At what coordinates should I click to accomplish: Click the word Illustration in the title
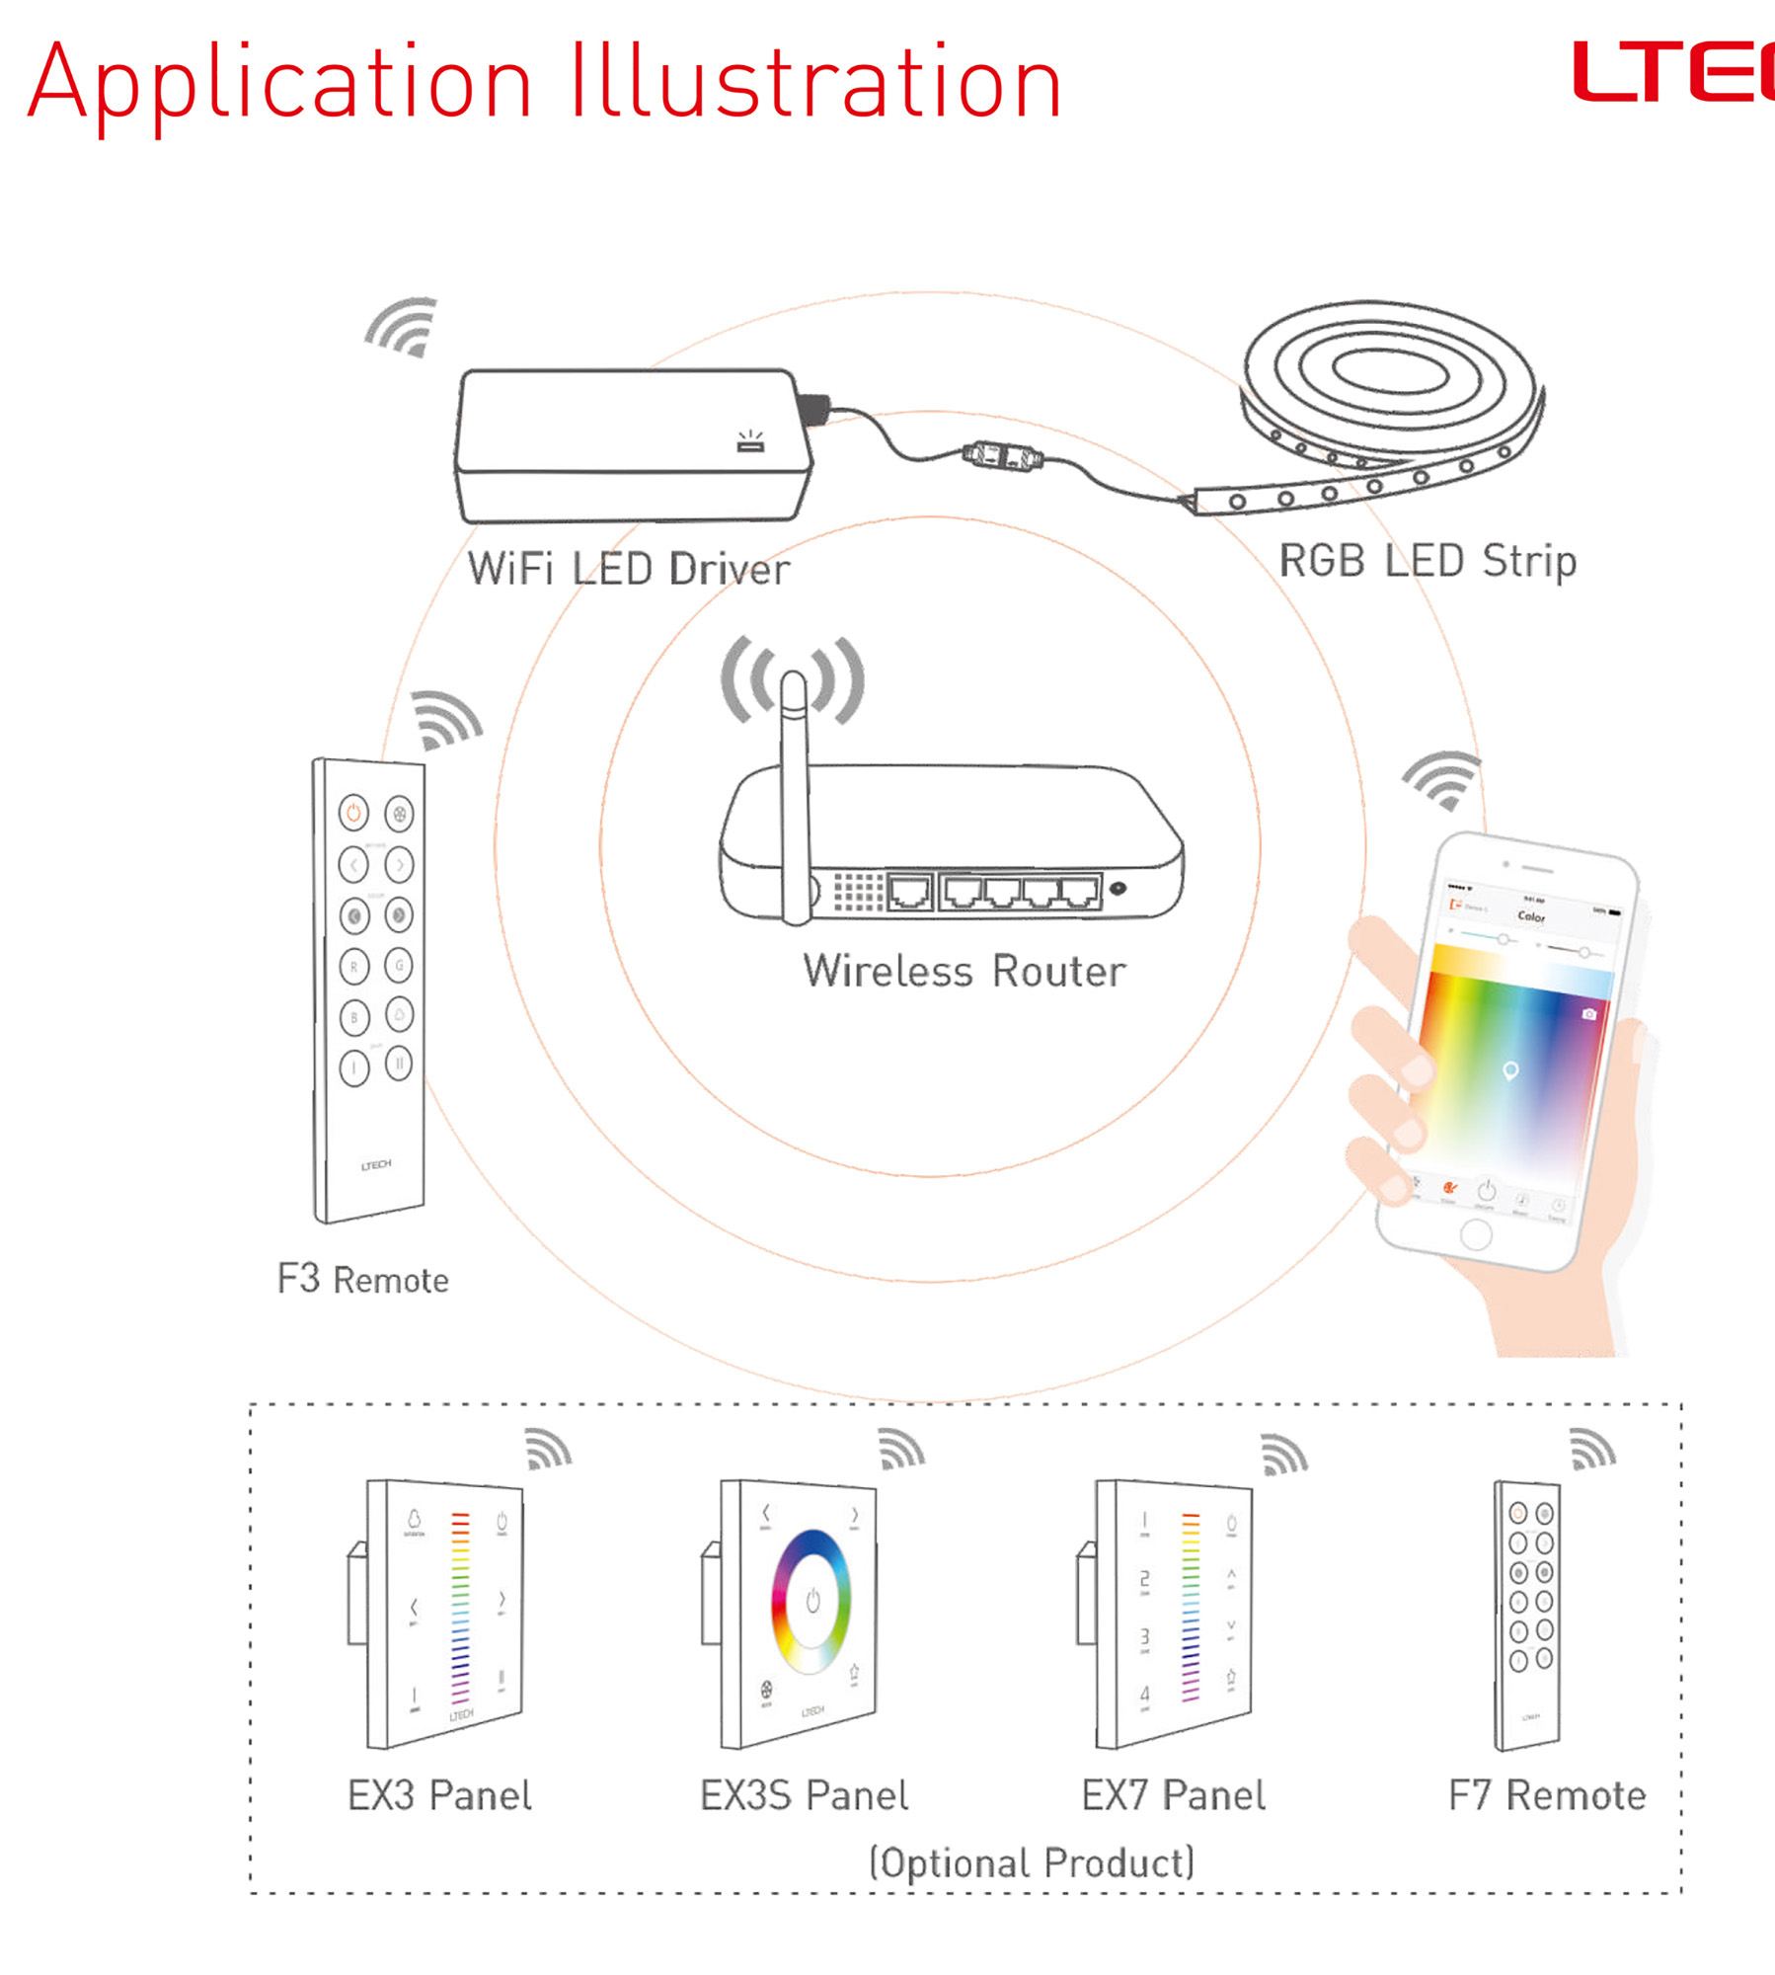pyautogui.click(x=815, y=83)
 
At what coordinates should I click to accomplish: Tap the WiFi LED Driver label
pyautogui.click(x=628, y=570)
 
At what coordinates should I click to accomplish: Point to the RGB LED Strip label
pyautogui.click(x=1427, y=561)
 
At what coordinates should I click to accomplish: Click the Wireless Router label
pyautogui.click(x=964, y=972)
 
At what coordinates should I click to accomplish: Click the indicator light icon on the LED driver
pyautogui.click(x=750, y=441)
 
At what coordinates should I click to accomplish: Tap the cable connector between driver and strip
pyautogui.click(x=1003, y=457)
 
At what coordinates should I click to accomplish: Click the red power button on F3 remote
pyautogui.click(x=353, y=813)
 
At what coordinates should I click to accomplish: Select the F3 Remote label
pyautogui.click(x=362, y=1280)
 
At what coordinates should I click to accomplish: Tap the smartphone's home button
pyautogui.click(x=1475, y=1234)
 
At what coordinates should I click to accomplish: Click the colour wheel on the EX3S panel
pyautogui.click(x=810, y=1601)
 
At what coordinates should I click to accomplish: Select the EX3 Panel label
pyautogui.click(x=439, y=1795)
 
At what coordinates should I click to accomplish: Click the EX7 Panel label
pyautogui.click(x=1173, y=1795)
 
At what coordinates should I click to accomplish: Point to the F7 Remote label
pyautogui.click(x=1546, y=1795)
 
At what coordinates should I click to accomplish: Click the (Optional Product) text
pyautogui.click(x=1031, y=1863)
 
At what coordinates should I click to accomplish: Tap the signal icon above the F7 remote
pyautogui.click(x=1591, y=1450)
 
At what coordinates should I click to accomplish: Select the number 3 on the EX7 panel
pyautogui.click(x=1144, y=1636)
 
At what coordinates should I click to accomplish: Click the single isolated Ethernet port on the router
pyautogui.click(x=909, y=892)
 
